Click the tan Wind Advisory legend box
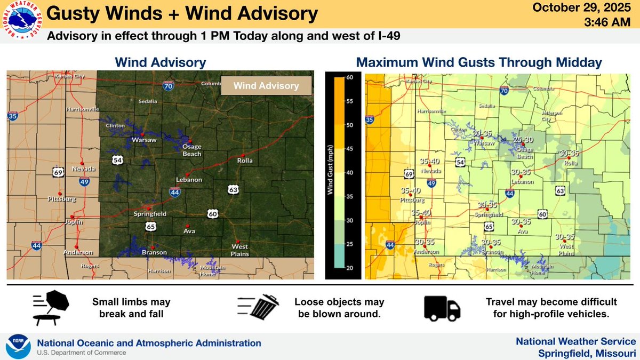267,85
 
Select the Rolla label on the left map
245,161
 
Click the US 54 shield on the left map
118,159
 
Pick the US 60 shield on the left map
213,213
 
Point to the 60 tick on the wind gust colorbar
350,78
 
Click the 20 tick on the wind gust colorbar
350,268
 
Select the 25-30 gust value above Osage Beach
523,140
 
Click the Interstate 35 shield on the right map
370,120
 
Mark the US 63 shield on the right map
559,190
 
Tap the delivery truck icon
442,308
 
